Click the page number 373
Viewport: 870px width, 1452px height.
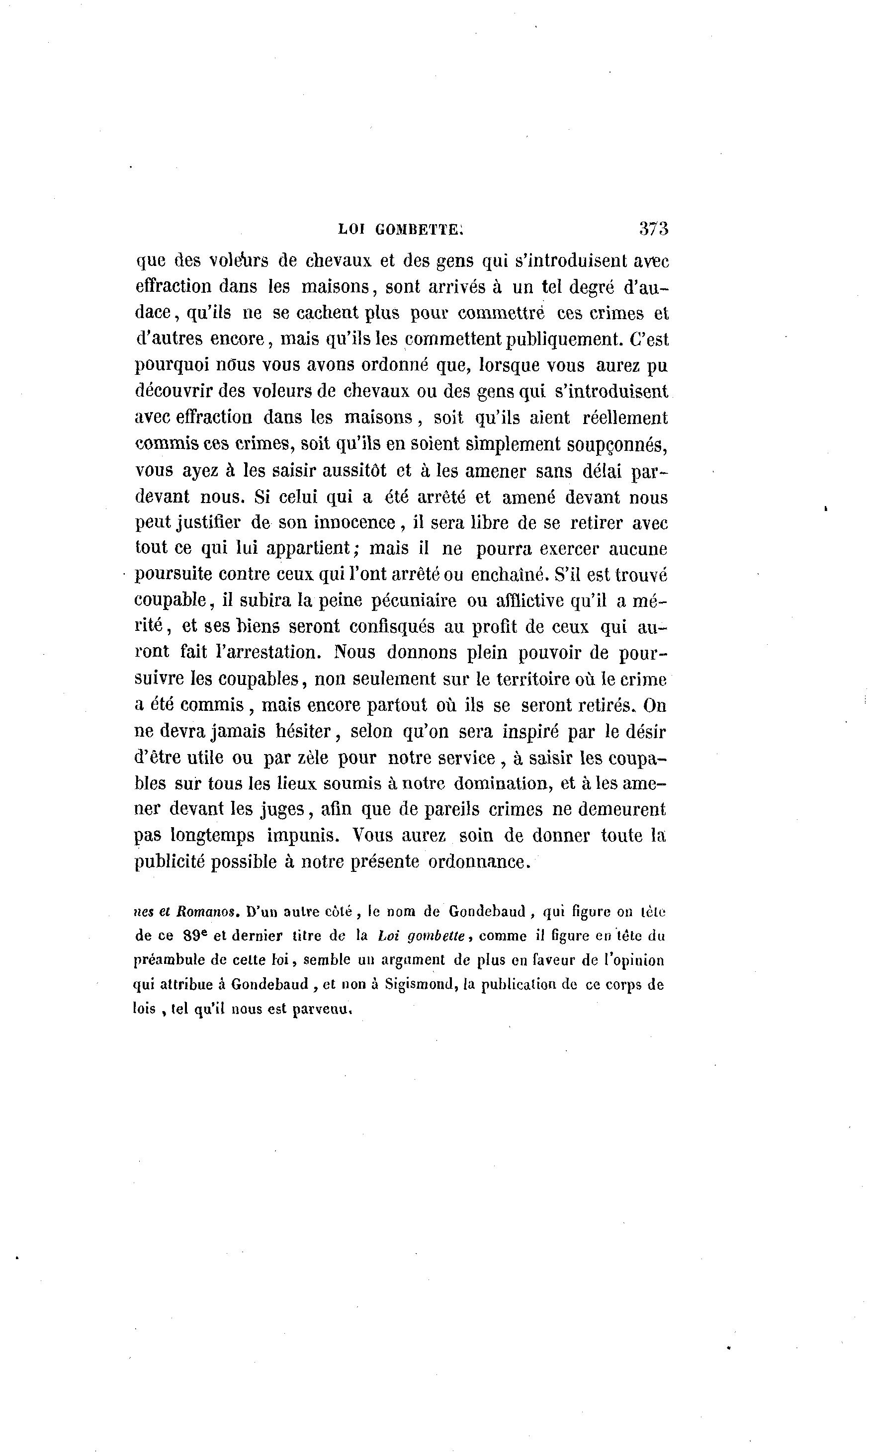pyautogui.click(x=654, y=228)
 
